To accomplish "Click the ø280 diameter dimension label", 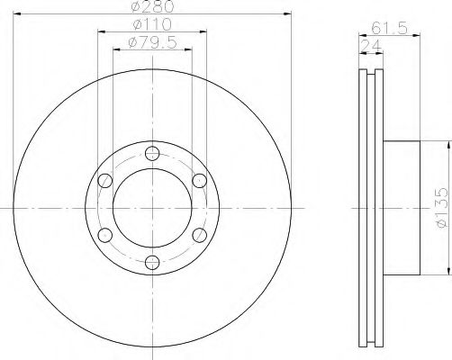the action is pos(152,6).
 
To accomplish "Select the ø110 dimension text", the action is pos(152,24).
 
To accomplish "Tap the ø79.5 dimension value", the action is pos(152,42).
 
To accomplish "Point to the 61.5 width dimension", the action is pos(389,29).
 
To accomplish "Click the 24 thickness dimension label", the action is pos(371,46).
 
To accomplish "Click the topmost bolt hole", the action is pos(152,154).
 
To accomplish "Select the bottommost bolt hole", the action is pos(152,263).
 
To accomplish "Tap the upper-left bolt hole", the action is pos(105,181).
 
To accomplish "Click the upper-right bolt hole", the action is pos(200,181).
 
